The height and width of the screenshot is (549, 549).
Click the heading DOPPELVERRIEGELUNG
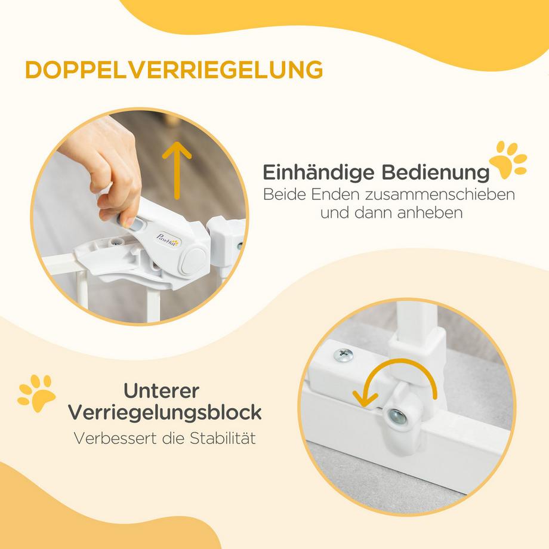click(x=174, y=69)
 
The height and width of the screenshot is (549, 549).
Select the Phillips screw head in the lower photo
click(x=343, y=354)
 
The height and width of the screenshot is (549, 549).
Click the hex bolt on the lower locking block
click(x=396, y=418)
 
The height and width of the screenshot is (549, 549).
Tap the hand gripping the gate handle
click(x=107, y=167)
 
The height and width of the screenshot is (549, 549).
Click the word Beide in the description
click(x=283, y=195)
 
